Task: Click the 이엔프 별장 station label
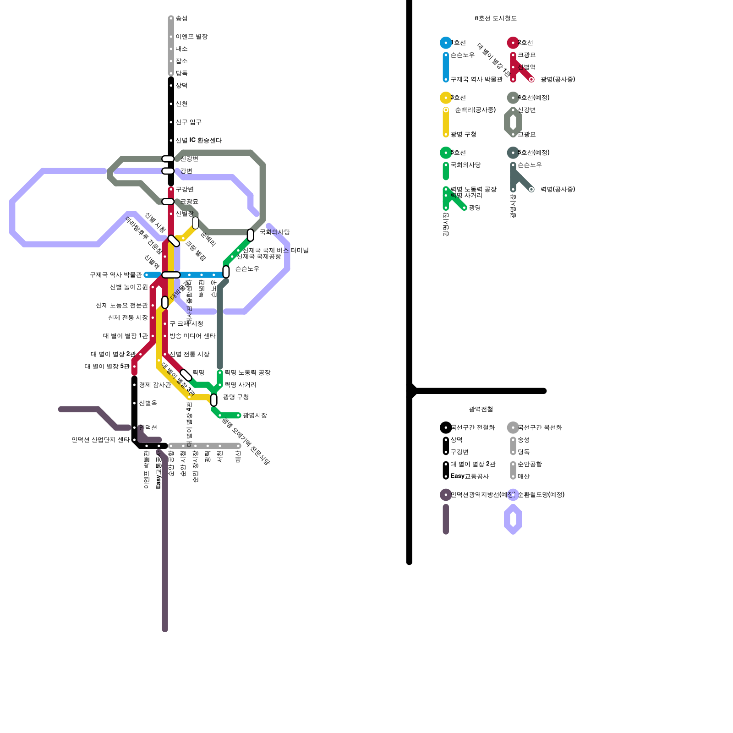191,37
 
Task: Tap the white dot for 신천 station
171,104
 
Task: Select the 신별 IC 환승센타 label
198,141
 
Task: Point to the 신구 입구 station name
188,122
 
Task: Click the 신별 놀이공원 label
129,287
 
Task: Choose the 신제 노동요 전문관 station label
122,306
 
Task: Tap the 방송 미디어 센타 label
192,336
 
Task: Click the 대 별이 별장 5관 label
107,366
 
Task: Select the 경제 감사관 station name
155,385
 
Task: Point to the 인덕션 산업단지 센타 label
100,440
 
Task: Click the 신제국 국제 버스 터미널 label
276,250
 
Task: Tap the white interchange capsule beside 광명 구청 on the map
214,400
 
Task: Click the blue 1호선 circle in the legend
446,43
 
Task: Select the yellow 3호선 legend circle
446,98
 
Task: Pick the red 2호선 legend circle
513,43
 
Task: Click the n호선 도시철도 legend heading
496,18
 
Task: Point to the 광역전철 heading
481,409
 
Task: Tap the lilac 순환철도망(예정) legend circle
513,495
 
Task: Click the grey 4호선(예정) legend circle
513,98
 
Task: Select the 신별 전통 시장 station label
189,355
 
